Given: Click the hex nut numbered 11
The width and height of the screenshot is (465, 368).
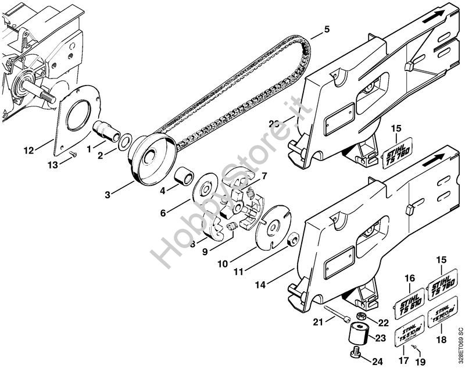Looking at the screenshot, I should tap(295, 238).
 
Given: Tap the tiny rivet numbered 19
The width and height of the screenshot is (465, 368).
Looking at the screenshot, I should tap(412, 347).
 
